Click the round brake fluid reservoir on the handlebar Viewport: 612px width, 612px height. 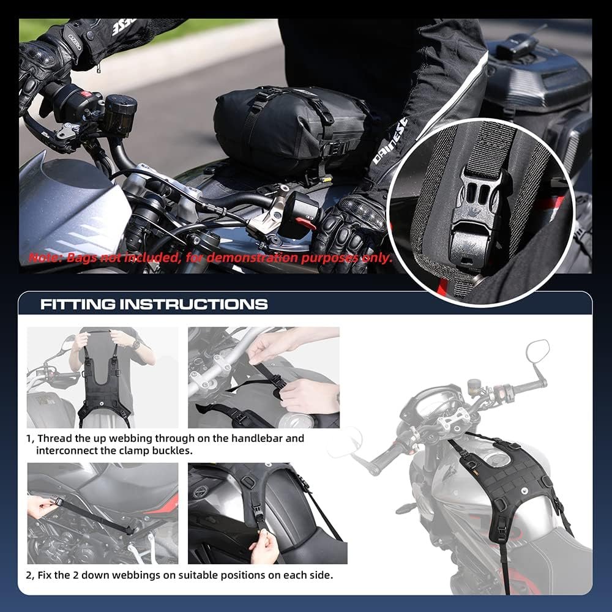tap(119, 113)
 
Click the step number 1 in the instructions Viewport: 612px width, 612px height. tap(29, 439)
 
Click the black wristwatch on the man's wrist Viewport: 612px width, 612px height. tap(135, 345)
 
